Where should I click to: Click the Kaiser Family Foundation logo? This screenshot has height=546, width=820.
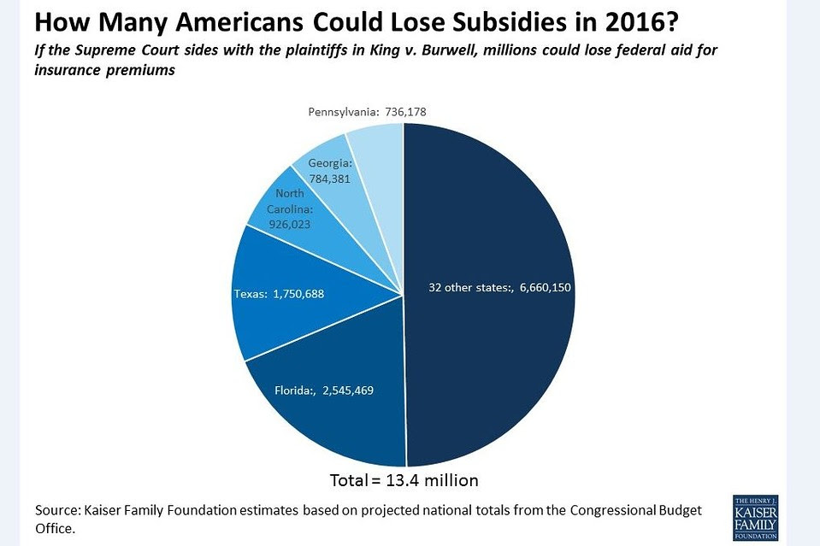pyautogui.click(x=754, y=516)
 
